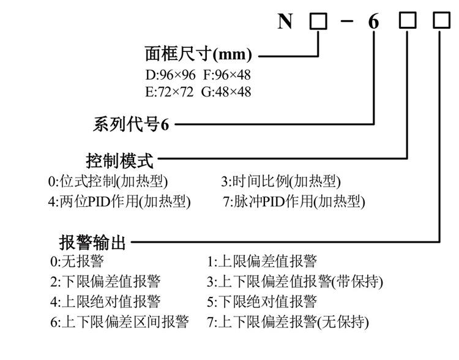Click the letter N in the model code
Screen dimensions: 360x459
(x=285, y=22)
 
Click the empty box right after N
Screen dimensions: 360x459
(x=318, y=22)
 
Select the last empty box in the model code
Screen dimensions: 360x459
(x=440, y=22)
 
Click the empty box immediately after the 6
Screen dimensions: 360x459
(x=407, y=22)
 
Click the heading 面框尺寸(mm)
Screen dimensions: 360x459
(x=198, y=54)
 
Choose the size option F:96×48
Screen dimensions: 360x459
(x=226, y=75)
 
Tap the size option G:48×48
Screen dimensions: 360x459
(x=226, y=92)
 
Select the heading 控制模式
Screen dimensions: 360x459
(x=119, y=162)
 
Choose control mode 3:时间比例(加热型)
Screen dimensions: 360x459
(x=280, y=182)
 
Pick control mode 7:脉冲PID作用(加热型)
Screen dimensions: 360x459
(x=294, y=201)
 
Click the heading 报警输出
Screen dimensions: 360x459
(x=92, y=242)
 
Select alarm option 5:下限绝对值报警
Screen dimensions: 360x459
(x=262, y=301)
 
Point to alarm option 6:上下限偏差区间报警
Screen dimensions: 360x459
(x=119, y=321)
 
